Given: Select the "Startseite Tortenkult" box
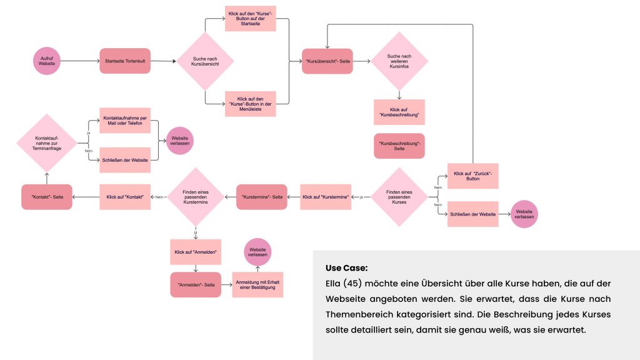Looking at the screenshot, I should pyautogui.click(x=125, y=61).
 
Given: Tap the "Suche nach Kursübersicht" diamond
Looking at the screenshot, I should pyautogui.click(x=205, y=61).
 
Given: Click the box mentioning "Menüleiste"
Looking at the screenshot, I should pyautogui.click(x=250, y=103).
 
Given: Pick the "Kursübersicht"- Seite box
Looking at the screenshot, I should pyautogui.click(x=327, y=61).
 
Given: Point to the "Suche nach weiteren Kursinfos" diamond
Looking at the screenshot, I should pyautogui.click(x=399, y=61).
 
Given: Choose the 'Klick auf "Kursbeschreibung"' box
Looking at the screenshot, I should pyautogui.click(x=399, y=112).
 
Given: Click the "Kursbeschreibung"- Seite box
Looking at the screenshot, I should pyautogui.click(x=399, y=146).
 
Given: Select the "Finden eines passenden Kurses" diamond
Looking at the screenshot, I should pyautogui.click(x=399, y=197).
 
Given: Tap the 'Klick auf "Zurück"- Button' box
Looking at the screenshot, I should pyautogui.click(x=472, y=176).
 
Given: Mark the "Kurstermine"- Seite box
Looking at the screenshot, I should pyautogui.click(x=261, y=197).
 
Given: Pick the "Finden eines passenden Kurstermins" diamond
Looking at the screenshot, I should pyautogui.click(x=196, y=197).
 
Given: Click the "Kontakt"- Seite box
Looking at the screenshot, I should pyautogui.click(x=47, y=197).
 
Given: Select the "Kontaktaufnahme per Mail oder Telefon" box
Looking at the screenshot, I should pyautogui.click(x=125, y=120).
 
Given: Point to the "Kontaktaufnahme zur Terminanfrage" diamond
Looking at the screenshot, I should pyautogui.click(x=47, y=142).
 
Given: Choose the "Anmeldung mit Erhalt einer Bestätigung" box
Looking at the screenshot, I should pyautogui.click(x=257, y=284).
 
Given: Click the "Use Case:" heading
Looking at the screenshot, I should pyautogui.click(x=346, y=268).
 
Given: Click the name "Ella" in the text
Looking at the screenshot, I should pyautogui.click(x=334, y=284).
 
